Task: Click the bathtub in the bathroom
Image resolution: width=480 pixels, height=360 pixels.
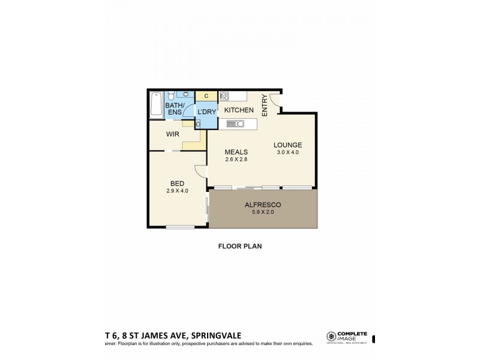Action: pos(156,104)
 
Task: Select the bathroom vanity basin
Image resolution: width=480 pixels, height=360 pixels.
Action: pos(186,94)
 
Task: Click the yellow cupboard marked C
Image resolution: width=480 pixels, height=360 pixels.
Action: pos(206,95)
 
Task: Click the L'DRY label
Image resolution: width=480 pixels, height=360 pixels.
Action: pos(207,111)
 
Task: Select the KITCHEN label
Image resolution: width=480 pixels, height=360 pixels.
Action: pos(238,110)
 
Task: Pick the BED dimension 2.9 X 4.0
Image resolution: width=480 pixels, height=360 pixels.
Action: pos(178,191)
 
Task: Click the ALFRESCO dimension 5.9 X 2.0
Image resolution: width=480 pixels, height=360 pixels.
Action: pos(263,212)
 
